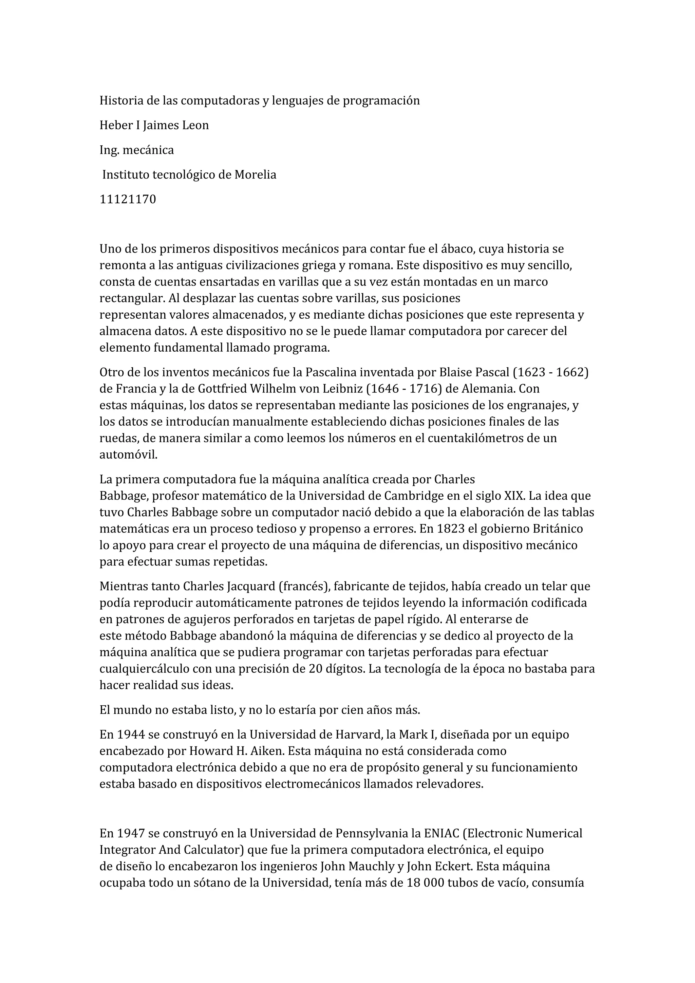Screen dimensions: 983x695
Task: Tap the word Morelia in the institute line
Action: click(x=255, y=175)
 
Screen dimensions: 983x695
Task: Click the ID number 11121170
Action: click(x=128, y=200)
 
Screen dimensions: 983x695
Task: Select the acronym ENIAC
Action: click(x=441, y=834)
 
